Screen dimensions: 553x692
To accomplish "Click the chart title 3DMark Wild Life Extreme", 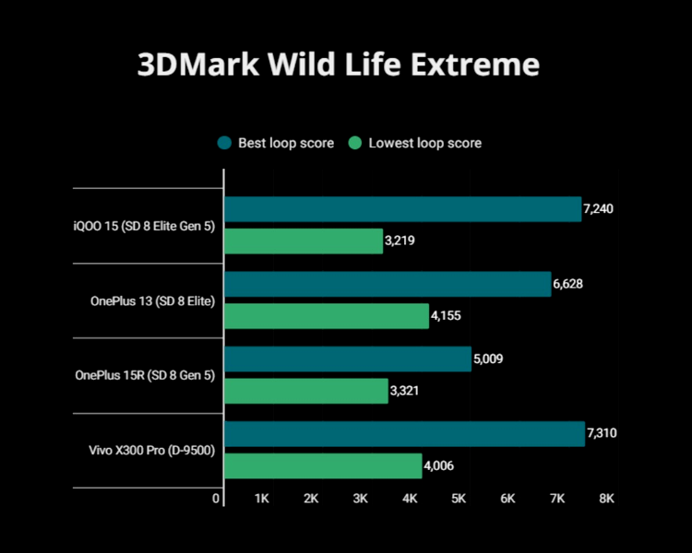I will pyautogui.click(x=338, y=65).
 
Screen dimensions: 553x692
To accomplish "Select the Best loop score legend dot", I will pyautogui.click(x=224, y=143).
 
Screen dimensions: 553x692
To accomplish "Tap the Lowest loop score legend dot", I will pyautogui.click(x=354, y=143).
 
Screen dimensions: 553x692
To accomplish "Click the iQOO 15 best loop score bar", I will pyautogui.click(x=402, y=209).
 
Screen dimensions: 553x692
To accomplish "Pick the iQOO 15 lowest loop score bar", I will pyautogui.click(x=304, y=241).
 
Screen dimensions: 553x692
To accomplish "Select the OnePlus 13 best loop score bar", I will pyautogui.click(x=388, y=284).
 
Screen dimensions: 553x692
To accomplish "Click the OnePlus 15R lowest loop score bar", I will pyautogui.click(x=306, y=391).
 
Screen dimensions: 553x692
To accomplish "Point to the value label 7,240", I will pyautogui.click(x=599, y=209).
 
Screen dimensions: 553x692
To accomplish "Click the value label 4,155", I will pyautogui.click(x=447, y=316).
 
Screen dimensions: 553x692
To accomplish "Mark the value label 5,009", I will pyautogui.click(x=489, y=359).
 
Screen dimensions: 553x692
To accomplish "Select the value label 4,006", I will pyautogui.click(x=439, y=465).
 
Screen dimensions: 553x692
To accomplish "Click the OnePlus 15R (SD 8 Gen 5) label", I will pyautogui.click(x=145, y=375).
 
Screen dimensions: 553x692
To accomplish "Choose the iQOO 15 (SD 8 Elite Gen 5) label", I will pyautogui.click(x=145, y=226).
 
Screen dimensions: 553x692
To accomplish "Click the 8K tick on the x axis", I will pyautogui.click(x=606, y=499).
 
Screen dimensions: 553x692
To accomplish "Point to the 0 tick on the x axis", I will pyautogui.click(x=217, y=499).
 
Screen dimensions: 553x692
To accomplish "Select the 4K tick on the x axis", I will pyautogui.click(x=410, y=499).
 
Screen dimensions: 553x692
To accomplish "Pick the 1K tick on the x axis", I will pyautogui.click(x=261, y=499).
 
